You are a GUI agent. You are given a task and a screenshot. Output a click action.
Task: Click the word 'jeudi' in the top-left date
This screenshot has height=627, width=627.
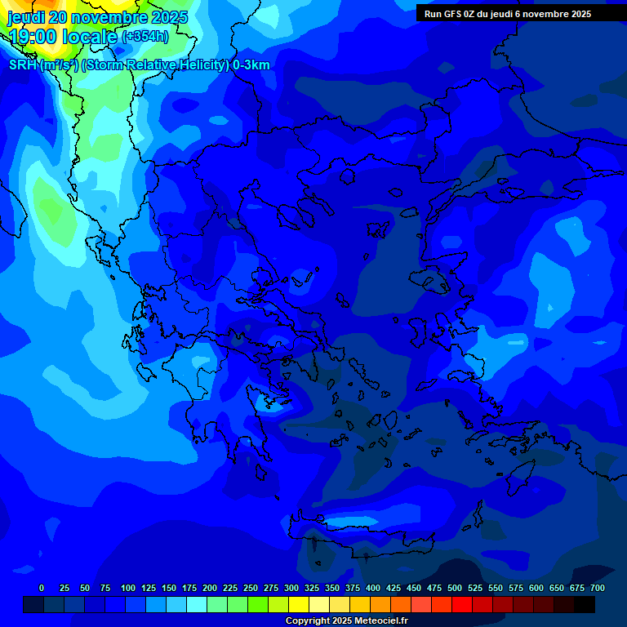point(25,17)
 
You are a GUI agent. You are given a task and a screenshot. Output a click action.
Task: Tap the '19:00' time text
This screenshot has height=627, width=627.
point(33,37)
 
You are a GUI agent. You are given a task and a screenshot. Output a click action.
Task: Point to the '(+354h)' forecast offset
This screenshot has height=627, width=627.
point(145,37)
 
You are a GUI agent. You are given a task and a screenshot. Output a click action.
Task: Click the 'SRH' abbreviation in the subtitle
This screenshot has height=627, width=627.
point(23,65)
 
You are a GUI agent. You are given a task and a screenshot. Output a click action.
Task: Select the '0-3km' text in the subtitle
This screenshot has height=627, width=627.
point(251,65)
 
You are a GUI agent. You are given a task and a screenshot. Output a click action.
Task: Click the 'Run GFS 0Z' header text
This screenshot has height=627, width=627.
point(454,14)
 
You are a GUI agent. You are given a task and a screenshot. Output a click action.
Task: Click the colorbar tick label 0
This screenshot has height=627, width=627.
point(42,588)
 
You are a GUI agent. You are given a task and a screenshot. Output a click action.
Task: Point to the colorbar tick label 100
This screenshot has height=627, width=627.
point(128,588)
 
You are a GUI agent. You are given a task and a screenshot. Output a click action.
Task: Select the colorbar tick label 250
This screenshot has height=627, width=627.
point(251,588)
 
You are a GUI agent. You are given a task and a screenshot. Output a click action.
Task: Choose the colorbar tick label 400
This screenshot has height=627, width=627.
point(373,588)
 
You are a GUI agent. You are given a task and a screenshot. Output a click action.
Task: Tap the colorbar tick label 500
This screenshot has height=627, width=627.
point(455,588)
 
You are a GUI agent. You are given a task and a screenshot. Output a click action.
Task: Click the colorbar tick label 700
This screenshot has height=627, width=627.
point(597,588)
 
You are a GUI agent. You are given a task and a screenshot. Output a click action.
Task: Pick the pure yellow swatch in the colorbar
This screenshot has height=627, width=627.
point(299,605)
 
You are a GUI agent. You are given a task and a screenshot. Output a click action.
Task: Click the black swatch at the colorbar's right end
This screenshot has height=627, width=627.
point(585,605)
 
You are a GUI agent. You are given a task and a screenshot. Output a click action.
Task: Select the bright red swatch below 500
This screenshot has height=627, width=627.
point(462,605)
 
